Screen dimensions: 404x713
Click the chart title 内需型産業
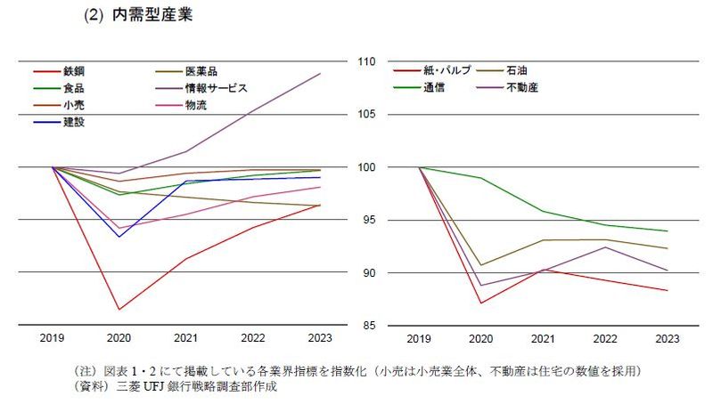(152, 16)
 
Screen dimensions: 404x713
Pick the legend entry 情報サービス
(216, 88)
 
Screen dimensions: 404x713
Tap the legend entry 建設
(74, 122)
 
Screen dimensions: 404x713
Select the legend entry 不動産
(521, 88)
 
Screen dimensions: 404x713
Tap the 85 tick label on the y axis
(367, 326)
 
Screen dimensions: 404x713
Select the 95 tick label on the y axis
(367, 220)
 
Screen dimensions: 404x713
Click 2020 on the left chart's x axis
(119, 338)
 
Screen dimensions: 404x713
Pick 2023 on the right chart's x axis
(668, 338)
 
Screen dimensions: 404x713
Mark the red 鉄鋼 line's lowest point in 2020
(119, 310)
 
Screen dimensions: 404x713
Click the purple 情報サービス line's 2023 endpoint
(321, 73)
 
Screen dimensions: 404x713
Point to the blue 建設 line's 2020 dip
(119, 237)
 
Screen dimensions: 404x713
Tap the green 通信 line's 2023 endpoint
(668, 231)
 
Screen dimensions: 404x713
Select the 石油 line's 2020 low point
(481, 265)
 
